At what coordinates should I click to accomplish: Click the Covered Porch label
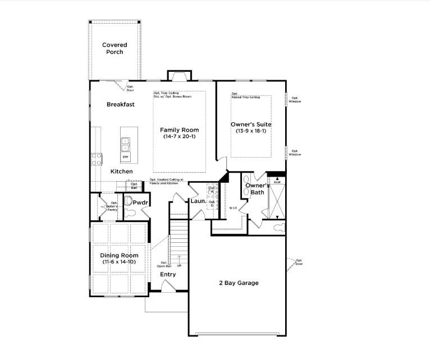pos(115,48)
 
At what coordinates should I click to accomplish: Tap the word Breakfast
pos(121,104)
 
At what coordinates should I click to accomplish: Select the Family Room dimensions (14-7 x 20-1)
pos(180,137)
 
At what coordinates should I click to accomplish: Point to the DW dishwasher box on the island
pos(126,157)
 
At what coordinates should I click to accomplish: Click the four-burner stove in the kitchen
pos(97,159)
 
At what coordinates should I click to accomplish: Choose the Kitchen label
pos(121,171)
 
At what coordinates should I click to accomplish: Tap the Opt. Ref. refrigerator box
pos(134,186)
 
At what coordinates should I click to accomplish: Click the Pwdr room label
pos(140,202)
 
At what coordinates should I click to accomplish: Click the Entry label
pos(168,274)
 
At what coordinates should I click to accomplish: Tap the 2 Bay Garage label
pos(239,283)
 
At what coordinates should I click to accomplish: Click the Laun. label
pos(197,200)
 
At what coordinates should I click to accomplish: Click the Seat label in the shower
pos(277,182)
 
